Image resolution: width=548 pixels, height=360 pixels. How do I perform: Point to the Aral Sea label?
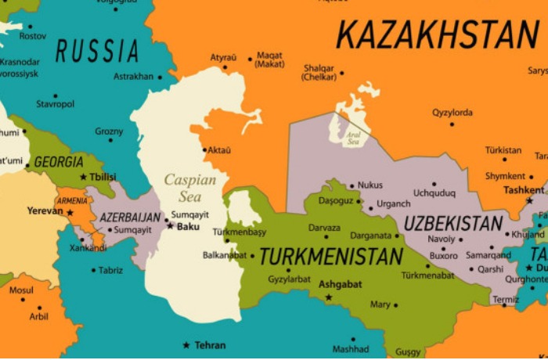click(354, 139)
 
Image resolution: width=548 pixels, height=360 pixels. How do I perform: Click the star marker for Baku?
click(170, 226)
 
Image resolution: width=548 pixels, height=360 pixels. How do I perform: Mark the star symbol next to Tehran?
click(186, 345)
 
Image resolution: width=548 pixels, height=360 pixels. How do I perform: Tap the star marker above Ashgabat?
click(329, 297)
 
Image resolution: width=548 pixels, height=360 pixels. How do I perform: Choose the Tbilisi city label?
click(103, 177)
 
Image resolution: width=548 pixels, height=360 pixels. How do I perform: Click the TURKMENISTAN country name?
click(331, 257)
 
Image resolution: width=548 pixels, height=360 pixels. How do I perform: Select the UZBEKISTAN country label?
click(453, 223)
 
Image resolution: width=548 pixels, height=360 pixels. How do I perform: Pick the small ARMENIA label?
click(72, 201)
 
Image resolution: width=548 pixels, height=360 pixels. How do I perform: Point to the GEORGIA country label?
click(59, 162)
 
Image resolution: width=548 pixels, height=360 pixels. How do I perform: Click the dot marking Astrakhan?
click(160, 77)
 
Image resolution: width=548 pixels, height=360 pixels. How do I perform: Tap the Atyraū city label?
click(223, 57)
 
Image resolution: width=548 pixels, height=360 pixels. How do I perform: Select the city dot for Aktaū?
click(204, 149)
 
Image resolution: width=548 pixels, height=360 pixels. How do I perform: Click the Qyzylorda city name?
click(452, 113)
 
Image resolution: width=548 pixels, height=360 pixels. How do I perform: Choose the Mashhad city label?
click(350, 349)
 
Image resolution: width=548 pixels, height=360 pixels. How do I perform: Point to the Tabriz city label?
click(110, 270)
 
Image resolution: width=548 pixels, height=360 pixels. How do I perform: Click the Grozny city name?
click(109, 131)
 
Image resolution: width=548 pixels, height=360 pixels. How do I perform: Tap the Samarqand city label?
click(488, 255)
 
